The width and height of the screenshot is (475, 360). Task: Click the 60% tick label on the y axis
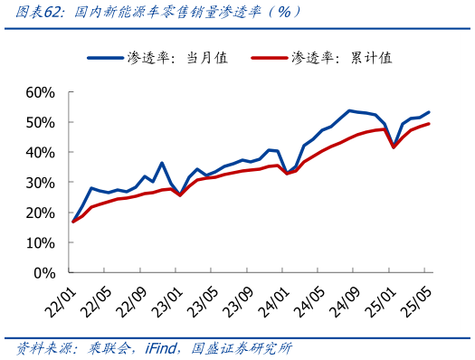pyautogui.click(x=41, y=92)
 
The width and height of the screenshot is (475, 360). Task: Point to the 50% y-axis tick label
pyautogui.click(x=41, y=122)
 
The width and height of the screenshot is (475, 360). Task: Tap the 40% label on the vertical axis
pyautogui.click(x=41, y=152)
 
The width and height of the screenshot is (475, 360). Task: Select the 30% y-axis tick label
pyautogui.click(x=41, y=182)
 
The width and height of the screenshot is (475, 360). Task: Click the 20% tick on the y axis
pyautogui.click(x=41, y=213)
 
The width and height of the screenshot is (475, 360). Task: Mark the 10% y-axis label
pyautogui.click(x=41, y=242)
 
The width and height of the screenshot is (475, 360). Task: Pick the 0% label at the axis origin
pyautogui.click(x=45, y=272)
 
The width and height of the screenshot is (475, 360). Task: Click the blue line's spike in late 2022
pyautogui.click(x=162, y=164)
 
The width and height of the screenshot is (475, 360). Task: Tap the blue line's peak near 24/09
pyautogui.click(x=349, y=110)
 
